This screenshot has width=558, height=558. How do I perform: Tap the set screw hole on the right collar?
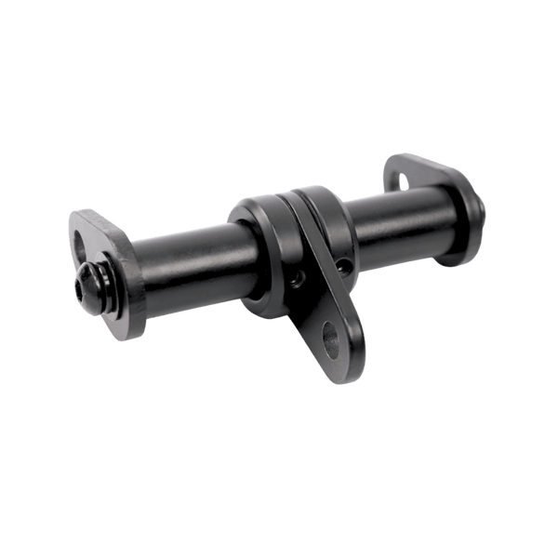pyautogui.click(x=347, y=266)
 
